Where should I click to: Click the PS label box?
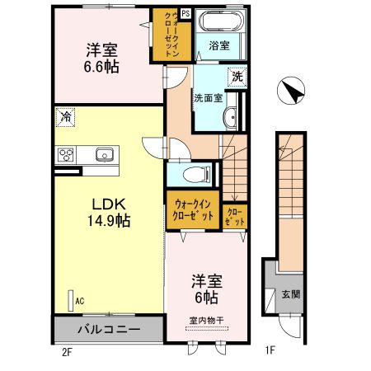(185, 13)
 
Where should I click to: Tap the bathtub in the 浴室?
(222, 21)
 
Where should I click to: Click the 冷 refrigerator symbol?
(65, 117)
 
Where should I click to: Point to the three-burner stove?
(66, 155)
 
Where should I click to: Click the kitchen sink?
(105, 155)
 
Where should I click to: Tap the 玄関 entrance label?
(291, 294)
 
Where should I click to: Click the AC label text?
(80, 301)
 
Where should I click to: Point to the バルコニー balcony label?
(109, 329)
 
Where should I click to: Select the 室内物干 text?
(207, 320)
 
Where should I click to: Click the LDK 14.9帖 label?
(109, 213)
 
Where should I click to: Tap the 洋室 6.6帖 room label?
(101, 59)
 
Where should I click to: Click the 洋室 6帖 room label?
(207, 289)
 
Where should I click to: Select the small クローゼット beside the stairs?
(235, 217)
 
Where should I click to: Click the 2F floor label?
(67, 352)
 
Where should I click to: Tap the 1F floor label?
(270, 350)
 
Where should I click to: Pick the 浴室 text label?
(219, 45)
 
